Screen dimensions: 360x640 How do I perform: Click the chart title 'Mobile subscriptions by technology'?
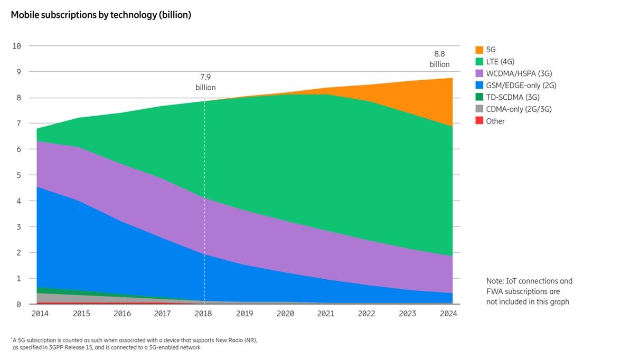(101, 15)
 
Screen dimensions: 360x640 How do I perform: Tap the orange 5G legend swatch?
(479, 50)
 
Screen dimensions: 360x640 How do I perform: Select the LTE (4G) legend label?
(500, 62)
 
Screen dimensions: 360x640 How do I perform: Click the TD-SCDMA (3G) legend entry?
(506, 97)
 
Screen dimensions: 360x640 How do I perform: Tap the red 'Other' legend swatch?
(479, 121)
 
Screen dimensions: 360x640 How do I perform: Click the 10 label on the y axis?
(16, 46)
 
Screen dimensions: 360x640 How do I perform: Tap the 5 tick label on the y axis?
(18, 175)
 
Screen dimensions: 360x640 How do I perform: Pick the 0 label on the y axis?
(18, 305)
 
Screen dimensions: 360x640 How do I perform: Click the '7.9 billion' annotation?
(205, 82)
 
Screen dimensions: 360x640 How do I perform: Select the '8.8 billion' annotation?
(439, 59)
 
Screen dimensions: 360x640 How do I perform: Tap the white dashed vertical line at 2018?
(205, 185)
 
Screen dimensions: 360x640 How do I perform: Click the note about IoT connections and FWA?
(529, 291)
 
